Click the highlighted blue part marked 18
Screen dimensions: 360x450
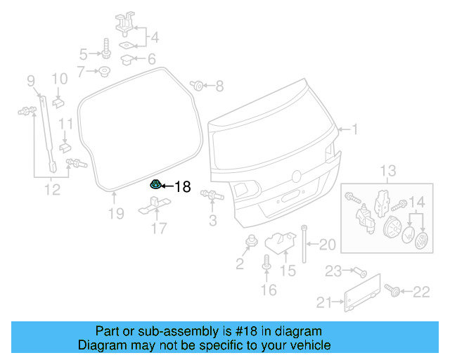click(155, 185)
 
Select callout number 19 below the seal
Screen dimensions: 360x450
click(116, 213)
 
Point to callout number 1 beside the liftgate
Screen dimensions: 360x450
click(354, 129)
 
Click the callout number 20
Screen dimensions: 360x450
click(328, 245)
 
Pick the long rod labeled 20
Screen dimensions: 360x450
click(305, 243)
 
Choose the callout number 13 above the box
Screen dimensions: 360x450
click(388, 171)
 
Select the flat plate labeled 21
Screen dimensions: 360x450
click(363, 292)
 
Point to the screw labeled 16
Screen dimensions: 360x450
click(266, 264)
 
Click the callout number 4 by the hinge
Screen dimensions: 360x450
click(154, 37)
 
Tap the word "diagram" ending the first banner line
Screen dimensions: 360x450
click(302, 331)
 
